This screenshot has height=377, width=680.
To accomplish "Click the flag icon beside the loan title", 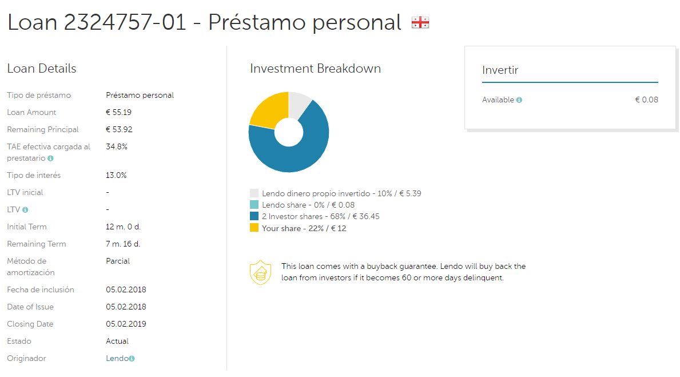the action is (x=420, y=22).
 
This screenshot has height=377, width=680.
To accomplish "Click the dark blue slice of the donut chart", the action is (x=295, y=154).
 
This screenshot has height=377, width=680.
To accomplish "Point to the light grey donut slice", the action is (x=299, y=103).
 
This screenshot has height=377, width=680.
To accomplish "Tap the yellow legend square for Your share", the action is (x=254, y=228).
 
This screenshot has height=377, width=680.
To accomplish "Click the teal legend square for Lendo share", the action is (x=254, y=205).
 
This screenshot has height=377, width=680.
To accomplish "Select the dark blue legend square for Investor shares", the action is (x=254, y=216).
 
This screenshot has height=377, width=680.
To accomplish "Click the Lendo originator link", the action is (x=117, y=358).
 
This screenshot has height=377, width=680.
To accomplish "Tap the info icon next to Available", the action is (x=519, y=100).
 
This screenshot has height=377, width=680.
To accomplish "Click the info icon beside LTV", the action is (x=25, y=210).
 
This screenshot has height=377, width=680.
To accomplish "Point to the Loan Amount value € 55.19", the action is (x=118, y=112).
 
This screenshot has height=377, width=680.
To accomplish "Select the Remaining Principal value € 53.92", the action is (x=120, y=129).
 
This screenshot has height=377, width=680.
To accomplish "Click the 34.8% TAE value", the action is (x=117, y=146).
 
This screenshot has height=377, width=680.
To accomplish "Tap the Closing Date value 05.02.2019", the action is (x=126, y=324).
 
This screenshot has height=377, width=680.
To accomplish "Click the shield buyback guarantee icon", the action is (x=260, y=272).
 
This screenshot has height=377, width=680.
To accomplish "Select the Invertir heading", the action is (x=500, y=70).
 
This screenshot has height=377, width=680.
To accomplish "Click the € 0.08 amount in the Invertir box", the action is (x=647, y=100).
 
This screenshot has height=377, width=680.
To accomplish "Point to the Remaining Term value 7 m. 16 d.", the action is (x=123, y=244).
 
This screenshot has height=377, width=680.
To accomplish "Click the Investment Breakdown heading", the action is (x=315, y=69).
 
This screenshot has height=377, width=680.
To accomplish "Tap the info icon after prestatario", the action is (x=51, y=158).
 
